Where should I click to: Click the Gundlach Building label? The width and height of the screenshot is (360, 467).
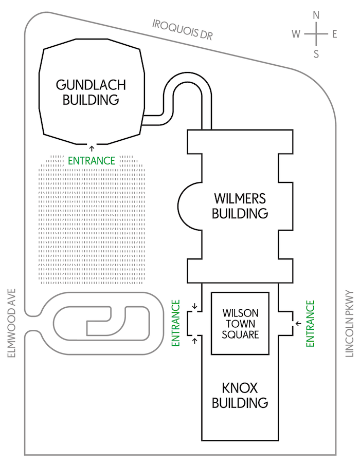pos(91,91)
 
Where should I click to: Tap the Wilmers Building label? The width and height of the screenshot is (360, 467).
pos(240,204)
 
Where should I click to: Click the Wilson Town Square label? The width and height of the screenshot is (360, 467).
pos(240,324)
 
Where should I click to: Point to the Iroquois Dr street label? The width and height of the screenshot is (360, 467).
pos(183,30)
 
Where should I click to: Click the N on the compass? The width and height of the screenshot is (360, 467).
pos(316,15)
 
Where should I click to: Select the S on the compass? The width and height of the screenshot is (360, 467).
pos(316,53)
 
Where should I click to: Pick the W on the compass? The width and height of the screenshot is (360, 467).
pos(296,34)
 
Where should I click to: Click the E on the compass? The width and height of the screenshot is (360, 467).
pos(334,34)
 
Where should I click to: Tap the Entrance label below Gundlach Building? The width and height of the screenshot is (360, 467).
pos(92,160)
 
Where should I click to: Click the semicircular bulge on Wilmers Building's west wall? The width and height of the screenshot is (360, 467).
pos(184,206)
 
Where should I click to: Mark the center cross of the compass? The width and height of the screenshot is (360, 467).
pos(316,34)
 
